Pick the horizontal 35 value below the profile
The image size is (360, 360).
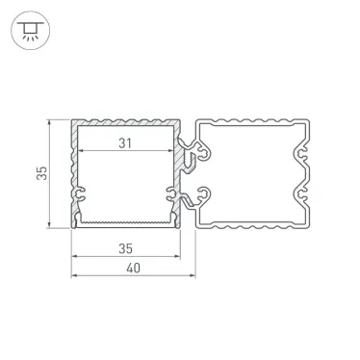(x=126, y=249)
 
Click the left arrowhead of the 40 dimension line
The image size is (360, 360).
(x=74, y=279)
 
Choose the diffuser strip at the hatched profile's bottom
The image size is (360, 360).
(x=126, y=222)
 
